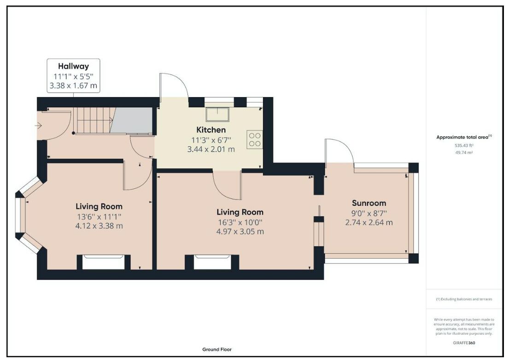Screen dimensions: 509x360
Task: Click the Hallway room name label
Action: tap(73, 66)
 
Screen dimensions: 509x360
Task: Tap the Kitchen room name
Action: tap(211, 130)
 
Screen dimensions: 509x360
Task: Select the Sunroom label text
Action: tap(369, 203)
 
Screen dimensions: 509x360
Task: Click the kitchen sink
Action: tap(217, 115)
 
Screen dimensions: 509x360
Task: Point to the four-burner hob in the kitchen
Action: tap(254, 140)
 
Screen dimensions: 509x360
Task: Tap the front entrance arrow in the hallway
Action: tap(39, 125)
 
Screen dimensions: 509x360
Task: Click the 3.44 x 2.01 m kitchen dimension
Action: tap(211, 150)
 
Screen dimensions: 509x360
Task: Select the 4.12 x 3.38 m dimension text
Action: tap(99, 226)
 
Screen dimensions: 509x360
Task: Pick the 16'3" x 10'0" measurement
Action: tap(240, 222)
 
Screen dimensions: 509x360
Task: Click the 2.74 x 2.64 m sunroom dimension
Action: tap(369, 223)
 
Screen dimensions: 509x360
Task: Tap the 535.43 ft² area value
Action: tap(464, 145)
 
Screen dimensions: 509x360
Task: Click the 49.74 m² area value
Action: tap(464, 152)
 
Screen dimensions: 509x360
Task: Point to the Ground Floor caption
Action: tap(217, 349)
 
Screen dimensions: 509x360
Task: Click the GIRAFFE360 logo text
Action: tap(464, 343)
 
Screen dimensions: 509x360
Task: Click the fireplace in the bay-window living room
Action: tap(104, 262)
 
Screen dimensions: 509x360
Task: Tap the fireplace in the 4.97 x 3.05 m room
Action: tap(212, 262)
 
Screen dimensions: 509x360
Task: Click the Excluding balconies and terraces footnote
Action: tap(464, 299)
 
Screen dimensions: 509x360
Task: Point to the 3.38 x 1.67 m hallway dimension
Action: tap(73, 86)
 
